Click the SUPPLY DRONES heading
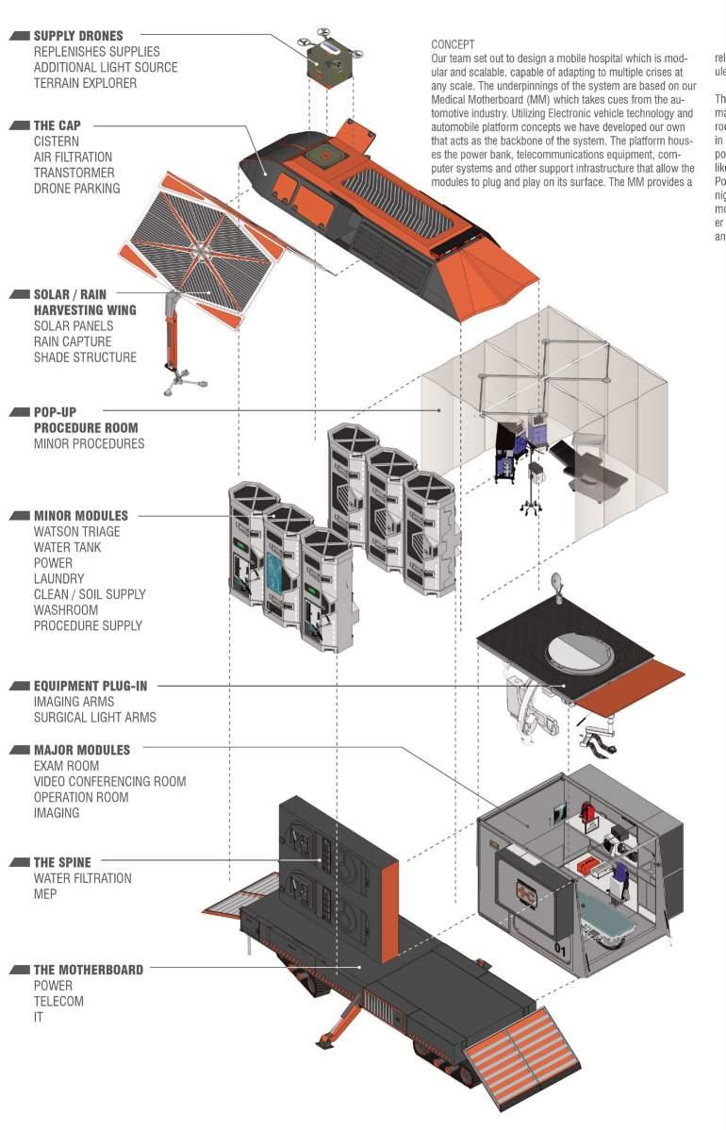[x=78, y=36]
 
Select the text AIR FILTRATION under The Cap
[x=73, y=157]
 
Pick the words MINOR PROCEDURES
[x=89, y=443]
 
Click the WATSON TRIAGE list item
[x=76, y=532]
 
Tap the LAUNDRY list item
[x=58, y=578]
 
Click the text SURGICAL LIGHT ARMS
[x=94, y=717]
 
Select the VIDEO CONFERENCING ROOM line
[x=109, y=781]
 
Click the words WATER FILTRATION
[x=82, y=878]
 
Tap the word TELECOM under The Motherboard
[x=58, y=1002]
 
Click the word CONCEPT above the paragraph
[x=453, y=44]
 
